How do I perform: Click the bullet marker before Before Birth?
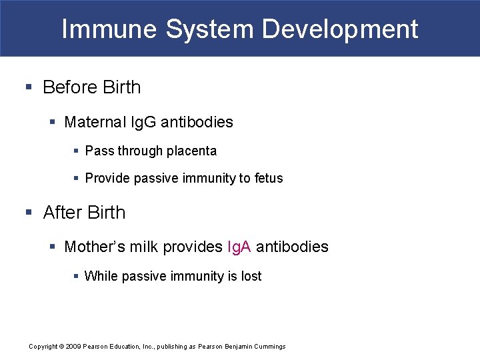tap(29, 87)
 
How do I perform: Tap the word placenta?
tap(191, 151)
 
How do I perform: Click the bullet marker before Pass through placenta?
tap(77, 151)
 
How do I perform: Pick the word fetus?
tap(268, 178)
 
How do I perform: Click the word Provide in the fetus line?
tap(107, 178)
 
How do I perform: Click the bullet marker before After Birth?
tap(29, 213)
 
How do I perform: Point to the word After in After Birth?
tap(63, 213)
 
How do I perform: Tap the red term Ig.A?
tap(239, 247)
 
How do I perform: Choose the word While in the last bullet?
tap(100, 276)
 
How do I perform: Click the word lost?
tap(251, 276)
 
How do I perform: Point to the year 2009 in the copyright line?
tap(73, 347)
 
